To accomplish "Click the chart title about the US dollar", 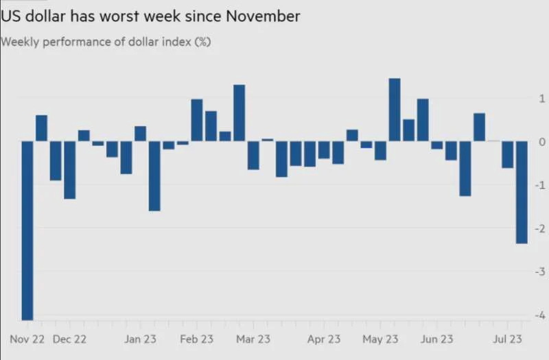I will (x=151, y=16).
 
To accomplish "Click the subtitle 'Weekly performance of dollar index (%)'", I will (x=106, y=42).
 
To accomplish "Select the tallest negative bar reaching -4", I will (x=27, y=230).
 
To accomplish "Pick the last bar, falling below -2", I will (x=522, y=192).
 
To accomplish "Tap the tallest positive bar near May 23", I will (x=395, y=110).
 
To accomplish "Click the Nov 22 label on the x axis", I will (x=27, y=339).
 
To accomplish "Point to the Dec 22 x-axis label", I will (x=70, y=339).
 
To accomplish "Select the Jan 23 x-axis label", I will (x=141, y=339).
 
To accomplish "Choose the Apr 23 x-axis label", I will (x=324, y=339).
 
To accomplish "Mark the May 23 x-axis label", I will (x=380, y=339).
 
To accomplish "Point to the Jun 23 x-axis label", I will (x=436, y=339).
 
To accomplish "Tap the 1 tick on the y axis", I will (x=542, y=99).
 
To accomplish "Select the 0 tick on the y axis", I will (x=542, y=142).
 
